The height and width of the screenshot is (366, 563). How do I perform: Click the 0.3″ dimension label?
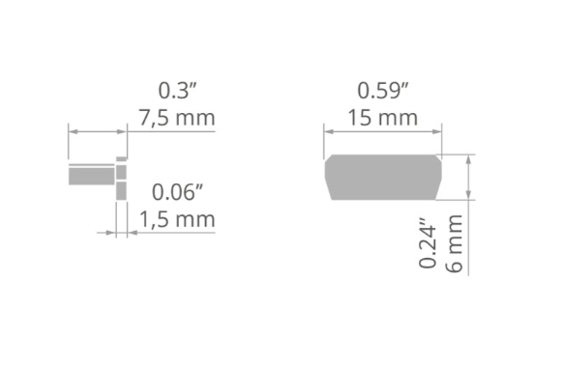(178, 91)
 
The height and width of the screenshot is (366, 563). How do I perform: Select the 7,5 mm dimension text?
(177, 118)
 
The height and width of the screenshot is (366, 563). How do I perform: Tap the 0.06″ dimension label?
(177, 192)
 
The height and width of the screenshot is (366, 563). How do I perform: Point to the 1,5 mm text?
(177, 219)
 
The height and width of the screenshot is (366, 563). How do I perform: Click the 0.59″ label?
(383, 91)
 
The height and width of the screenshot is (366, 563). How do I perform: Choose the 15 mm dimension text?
(383, 118)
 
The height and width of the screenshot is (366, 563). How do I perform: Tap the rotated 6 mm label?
(454, 243)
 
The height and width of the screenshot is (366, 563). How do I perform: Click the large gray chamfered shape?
(383, 177)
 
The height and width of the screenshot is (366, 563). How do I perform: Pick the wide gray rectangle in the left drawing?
(92, 177)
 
